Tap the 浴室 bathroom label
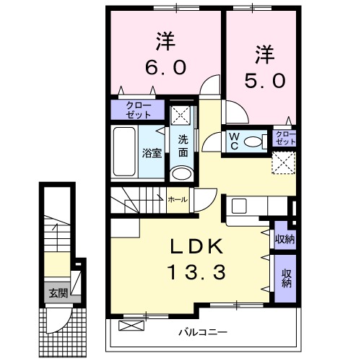pyautogui.click(x=151, y=153)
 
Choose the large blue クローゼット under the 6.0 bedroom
pyautogui.click(x=139, y=110)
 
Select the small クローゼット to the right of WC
pyautogui.click(x=284, y=138)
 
